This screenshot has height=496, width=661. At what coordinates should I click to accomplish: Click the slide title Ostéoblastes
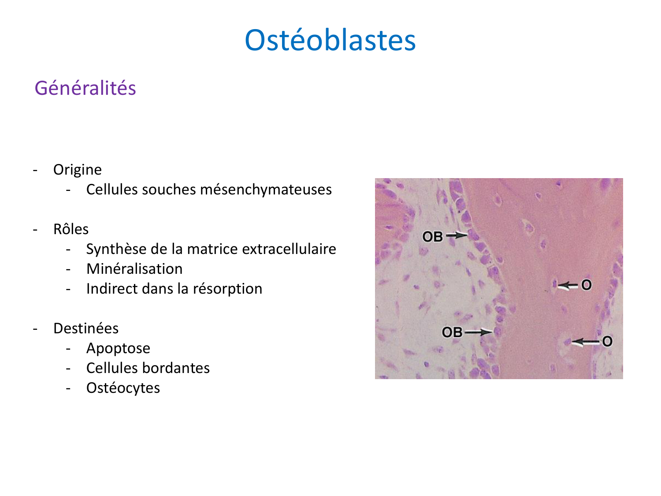tap(330, 40)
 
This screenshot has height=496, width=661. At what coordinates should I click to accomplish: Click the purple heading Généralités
tap(85, 88)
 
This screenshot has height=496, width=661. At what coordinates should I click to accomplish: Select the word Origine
tap(78, 170)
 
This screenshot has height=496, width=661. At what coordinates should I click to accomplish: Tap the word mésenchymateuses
tap(266, 190)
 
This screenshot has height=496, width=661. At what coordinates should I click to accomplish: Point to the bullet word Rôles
tap(71, 229)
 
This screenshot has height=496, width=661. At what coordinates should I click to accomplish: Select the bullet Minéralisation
tap(134, 269)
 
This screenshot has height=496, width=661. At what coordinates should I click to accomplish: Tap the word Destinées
tap(86, 328)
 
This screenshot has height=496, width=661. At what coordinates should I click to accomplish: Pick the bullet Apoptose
tap(118, 348)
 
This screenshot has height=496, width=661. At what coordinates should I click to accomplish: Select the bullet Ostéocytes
tap(123, 388)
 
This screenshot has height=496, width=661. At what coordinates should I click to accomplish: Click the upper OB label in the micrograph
tap(432, 237)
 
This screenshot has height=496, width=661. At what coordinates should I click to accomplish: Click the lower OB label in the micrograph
tap(452, 332)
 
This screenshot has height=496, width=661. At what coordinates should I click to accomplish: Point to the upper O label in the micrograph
tap(586, 285)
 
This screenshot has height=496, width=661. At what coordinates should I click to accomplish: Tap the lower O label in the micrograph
tap(607, 341)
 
